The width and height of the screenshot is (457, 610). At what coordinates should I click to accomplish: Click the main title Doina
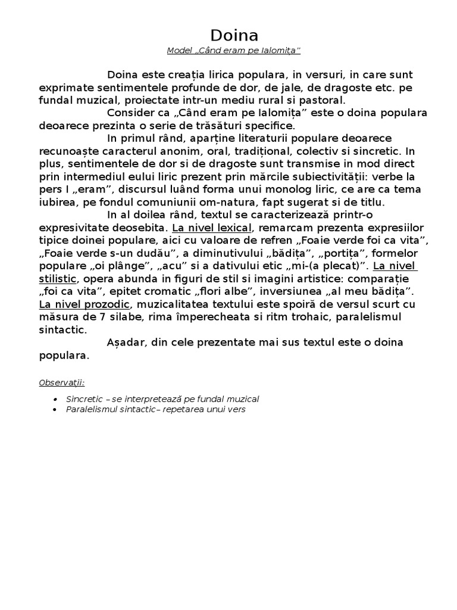(234, 35)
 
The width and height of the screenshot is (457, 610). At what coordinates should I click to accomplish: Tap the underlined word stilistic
(58, 278)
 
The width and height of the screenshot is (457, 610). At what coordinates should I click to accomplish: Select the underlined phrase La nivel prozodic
(84, 304)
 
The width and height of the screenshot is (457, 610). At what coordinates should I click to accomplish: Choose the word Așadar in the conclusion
(127, 343)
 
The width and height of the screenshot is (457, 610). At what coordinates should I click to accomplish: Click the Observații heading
(62, 382)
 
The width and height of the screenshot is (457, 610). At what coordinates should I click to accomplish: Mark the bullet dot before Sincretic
(55, 399)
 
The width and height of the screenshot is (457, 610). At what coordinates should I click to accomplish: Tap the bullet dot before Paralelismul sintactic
(55, 410)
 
